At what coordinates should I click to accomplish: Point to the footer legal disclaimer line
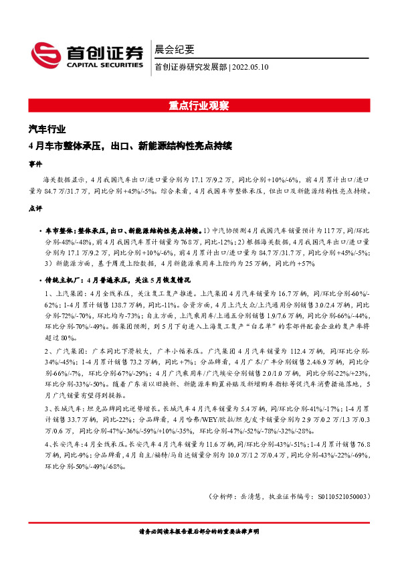[x=199, y=532]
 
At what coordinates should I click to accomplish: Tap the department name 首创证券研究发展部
[x=191, y=67]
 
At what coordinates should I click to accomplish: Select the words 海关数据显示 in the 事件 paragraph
[x=65, y=181]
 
